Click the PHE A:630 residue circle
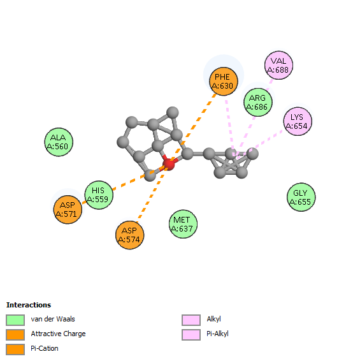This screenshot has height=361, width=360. [224, 81]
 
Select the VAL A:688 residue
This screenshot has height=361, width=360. [278, 66]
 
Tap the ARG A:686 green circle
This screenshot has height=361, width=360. [258, 102]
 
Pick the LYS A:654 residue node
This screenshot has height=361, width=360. [298, 121]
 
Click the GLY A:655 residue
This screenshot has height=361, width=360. [301, 197]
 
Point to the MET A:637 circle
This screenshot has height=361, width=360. [183, 224]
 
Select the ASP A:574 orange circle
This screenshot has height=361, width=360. [130, 235]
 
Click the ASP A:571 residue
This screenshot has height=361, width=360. [68, 209]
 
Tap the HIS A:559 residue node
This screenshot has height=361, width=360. [99, 195]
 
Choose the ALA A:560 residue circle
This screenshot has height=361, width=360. [59, 142]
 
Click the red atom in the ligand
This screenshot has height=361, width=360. [169, 164]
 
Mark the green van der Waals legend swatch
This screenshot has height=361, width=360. [15, 320]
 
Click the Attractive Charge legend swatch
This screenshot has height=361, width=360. [15, 335]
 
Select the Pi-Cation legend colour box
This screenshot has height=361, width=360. [15, 350]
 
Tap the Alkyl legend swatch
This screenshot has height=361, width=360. [191, 320]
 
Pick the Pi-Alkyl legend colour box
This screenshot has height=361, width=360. [191, 335]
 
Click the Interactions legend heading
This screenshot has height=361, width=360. [29, 305]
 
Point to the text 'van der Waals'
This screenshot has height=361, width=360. [53, 319]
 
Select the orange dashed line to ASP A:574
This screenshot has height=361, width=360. [155, 188]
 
